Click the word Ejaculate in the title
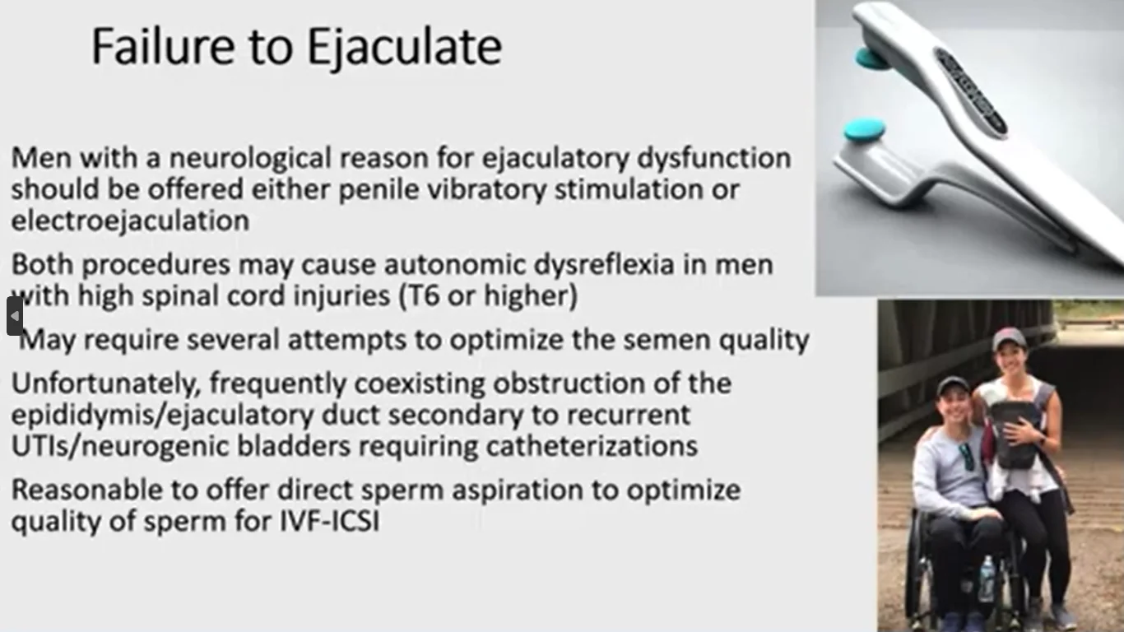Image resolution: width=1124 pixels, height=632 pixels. coord(405,47)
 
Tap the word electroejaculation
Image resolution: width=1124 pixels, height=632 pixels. coord(131,221)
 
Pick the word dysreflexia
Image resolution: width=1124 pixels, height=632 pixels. coord(604,265)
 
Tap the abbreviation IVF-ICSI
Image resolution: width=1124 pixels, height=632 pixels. coord(329,521)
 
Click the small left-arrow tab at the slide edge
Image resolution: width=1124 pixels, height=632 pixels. coord(15,316)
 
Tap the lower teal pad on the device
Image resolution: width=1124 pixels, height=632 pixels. coord(864,129)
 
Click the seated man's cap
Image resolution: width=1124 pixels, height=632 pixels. coord(953,385)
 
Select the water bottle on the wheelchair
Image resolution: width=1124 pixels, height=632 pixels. coord(986,579)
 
